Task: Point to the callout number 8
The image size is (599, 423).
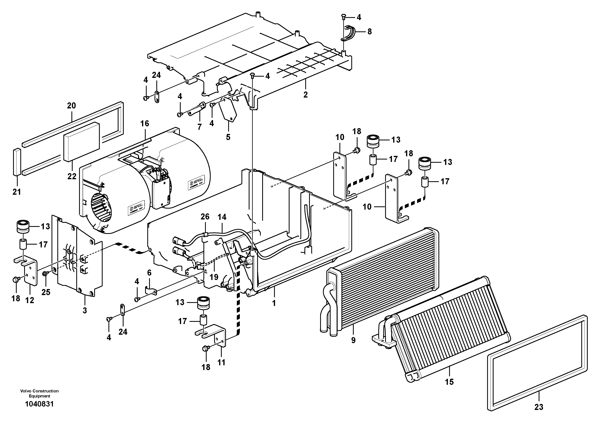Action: click(369, 32)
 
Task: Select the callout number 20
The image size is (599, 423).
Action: click(71, 106)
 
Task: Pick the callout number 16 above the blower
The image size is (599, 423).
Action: click(145, 124)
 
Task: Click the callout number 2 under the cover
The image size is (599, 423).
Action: click(305, 95)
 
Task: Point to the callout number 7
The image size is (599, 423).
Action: click(200, 127)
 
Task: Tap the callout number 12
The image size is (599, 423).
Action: click(30, 301)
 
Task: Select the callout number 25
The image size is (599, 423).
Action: click(46, 292)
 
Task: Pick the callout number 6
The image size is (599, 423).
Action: click(149, 273)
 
